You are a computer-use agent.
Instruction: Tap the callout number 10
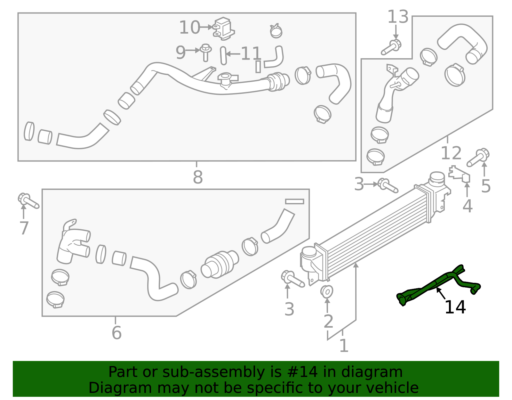click(189, 28)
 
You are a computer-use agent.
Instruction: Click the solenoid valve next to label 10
click(224, 29)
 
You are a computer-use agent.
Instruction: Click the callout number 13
click(398, 17)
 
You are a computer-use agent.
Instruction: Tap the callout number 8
click(198, 177)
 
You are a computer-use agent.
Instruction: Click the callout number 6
click(116, 333)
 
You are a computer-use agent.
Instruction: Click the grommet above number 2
click(327, 291)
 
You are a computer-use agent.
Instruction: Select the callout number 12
click(451, 153)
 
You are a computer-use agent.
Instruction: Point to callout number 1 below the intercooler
click(343, 346)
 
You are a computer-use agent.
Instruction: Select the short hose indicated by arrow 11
click(223, 56)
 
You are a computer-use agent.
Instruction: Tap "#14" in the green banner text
click(303, 372)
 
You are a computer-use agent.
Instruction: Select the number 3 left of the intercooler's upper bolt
click(359, 184)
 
